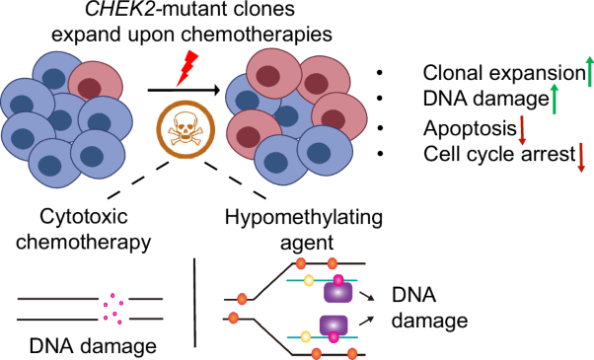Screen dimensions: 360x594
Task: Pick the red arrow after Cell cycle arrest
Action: click(581, 156)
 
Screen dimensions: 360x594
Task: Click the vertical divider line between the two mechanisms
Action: click(191, 306)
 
